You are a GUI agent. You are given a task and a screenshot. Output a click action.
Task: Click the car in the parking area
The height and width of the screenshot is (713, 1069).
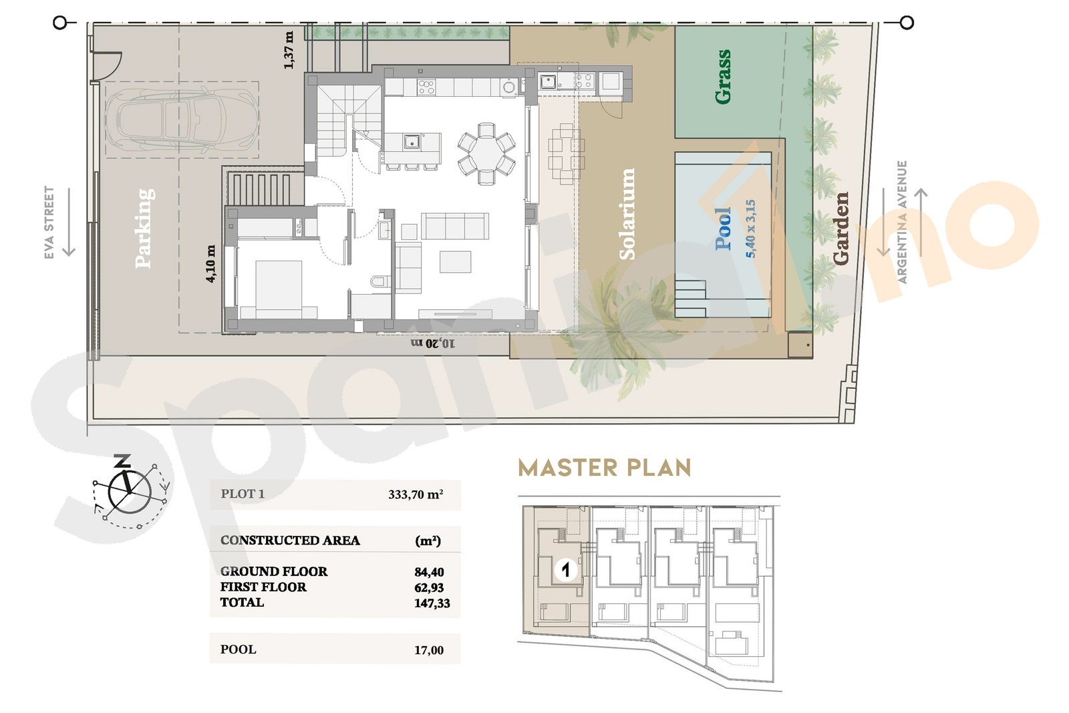pos(182,120)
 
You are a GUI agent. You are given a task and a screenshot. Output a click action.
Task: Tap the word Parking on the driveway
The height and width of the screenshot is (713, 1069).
pos(144,228)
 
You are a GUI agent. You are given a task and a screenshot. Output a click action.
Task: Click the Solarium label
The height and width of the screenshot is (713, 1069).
pos(627,214)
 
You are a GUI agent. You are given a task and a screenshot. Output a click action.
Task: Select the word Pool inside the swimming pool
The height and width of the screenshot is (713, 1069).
pos(723,229)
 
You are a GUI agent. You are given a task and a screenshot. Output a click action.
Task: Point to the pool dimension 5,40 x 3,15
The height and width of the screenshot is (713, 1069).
pos(750,229)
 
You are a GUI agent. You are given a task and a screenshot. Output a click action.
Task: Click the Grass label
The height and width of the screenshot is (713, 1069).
pos(722,77)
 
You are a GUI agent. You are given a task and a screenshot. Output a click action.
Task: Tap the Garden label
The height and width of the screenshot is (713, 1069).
pos(841,229)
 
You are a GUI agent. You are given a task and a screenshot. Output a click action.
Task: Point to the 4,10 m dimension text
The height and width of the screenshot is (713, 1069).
pos(210,264)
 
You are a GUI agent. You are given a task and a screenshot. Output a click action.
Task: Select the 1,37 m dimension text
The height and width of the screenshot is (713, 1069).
pos(289,50)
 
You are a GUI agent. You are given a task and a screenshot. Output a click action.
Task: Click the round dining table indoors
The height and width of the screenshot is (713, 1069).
pos(486,154)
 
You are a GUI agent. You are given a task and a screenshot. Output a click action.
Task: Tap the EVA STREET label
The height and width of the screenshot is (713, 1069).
pos(49,223)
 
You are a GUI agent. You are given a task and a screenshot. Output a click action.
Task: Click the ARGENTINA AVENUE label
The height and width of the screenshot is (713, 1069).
pos(901,222)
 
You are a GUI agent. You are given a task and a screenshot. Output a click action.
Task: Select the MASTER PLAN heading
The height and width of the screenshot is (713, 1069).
pos(605,468)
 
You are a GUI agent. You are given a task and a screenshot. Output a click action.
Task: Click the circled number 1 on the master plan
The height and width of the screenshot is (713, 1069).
pos(566,569)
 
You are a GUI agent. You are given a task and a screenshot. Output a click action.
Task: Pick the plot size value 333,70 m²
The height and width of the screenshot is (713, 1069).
pos(416,494)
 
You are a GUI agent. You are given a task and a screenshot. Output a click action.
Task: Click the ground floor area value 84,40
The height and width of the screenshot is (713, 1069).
pos(429,572)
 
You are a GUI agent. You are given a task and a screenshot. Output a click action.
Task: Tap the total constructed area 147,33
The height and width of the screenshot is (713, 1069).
pos(432,603)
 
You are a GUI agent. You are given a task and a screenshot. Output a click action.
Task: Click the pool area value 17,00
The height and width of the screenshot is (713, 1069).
pos(429,650)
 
